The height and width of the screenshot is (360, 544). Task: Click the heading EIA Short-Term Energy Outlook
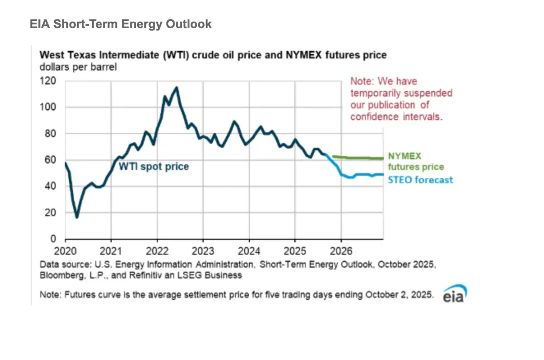coord(121,24)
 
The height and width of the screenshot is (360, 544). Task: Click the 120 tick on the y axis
coord(48,81)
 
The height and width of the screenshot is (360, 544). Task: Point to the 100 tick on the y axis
coord(48,107)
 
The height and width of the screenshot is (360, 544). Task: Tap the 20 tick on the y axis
coord(50,213)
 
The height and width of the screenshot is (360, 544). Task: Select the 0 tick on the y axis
coord(53,239)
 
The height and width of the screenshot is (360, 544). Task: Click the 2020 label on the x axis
coord(65,251)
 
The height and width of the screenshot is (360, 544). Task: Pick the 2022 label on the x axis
coord(157,251)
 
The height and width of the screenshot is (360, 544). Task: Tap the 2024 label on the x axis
coord(249,251)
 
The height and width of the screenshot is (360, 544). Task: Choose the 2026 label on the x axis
coord(341,251)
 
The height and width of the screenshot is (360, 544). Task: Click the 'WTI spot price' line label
coord(154,167)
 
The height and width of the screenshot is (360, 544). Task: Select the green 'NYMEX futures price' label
coord(415,162)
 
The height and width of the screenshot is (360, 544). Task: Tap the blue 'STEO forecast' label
coord(420,180)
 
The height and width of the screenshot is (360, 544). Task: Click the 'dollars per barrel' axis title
coord(78,67)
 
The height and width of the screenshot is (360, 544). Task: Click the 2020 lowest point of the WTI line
coord(77,217)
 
